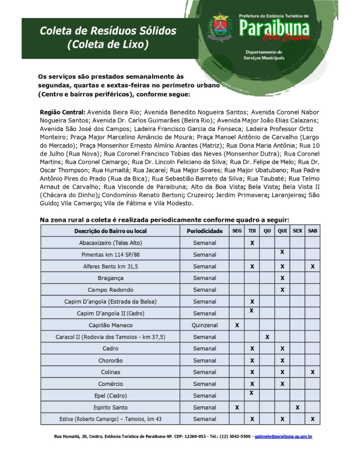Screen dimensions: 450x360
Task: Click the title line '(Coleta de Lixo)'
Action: (x=108, y=45)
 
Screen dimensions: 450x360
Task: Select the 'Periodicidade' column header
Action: (x=205, y=231)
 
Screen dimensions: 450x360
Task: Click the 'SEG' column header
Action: (x=237, y=231)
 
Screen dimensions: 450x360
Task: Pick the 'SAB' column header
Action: (x=313, y=231)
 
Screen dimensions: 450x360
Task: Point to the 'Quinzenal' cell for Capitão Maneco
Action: (x=205, y=325)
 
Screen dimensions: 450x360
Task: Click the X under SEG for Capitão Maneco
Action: (x=237, y=325)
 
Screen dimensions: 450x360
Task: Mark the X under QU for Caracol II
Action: (x=267, y=337)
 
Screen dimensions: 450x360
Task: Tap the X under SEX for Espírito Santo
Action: (x=298, y=407)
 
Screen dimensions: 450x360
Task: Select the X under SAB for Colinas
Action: (x=313, y=372)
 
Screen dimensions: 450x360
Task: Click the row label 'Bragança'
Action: (x=111, y=278)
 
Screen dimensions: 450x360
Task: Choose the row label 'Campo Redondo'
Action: (x=111, y=290)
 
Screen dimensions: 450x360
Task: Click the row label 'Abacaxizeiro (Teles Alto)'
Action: (x=111, y=243)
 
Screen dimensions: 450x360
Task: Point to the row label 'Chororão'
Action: (x=111, y=360)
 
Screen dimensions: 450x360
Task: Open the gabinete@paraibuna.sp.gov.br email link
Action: (x=283, y=437)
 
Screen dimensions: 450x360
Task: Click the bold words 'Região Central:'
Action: (x=63, y=112)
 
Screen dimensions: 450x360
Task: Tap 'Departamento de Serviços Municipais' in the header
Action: (x=264, y=55)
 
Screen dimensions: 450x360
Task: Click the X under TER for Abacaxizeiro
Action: (x=252, y=243)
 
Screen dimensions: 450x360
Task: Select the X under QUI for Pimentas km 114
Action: (x=282, y=252)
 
